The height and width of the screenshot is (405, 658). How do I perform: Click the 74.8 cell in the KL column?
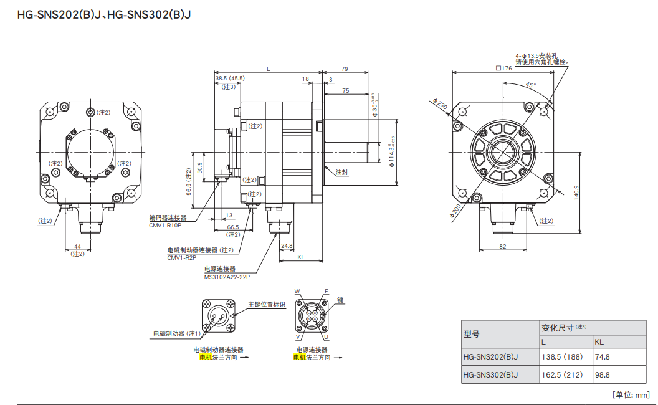602,356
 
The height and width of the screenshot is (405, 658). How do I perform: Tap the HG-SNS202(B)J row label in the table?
491,356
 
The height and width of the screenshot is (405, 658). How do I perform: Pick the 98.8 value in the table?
602,374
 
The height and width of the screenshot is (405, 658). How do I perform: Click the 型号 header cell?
472,334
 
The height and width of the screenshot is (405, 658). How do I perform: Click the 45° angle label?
530,85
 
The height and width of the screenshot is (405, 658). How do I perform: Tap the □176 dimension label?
503,69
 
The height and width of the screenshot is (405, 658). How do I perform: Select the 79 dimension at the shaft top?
345,69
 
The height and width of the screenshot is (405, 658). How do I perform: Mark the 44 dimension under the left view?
77,247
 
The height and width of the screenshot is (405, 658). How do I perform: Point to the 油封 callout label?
341,172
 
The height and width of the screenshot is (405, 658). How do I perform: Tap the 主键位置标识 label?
266,304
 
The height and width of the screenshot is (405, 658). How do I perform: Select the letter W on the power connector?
297,292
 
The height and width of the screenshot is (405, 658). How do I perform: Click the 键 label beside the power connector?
340,300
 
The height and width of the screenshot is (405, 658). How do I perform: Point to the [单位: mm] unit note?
631,394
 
